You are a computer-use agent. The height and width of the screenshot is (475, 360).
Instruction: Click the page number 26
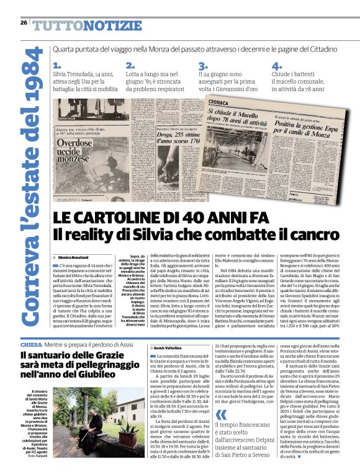pos(23,23)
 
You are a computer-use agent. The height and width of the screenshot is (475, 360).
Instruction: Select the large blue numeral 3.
pos(202,66)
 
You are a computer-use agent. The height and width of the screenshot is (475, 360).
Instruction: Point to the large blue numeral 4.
pos(276,65)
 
